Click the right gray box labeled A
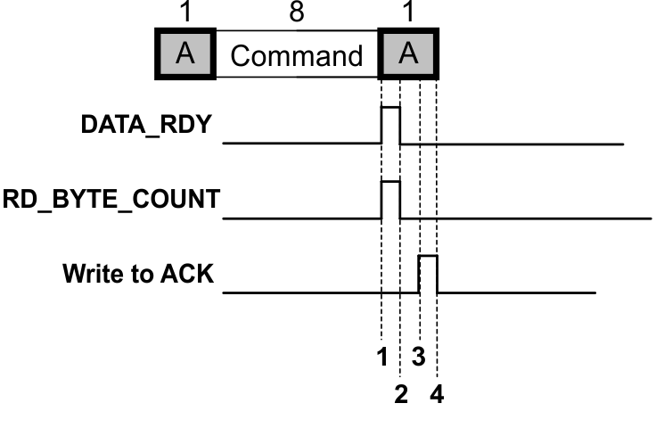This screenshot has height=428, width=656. pos(409,55)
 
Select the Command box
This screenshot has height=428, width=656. pos(297,56)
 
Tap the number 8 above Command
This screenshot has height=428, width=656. pos(297,12)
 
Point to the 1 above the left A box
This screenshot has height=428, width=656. pos(185,12)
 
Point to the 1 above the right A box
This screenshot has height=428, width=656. pos(409,12)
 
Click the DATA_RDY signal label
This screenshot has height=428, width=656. pos(147,125)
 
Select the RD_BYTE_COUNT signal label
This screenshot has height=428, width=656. pos(111,200)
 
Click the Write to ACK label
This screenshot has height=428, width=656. pos(138,273)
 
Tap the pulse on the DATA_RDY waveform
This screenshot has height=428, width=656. pos(390,124)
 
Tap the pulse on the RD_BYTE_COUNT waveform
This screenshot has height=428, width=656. pos(390,199)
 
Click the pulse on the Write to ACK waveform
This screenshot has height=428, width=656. pos(428,273)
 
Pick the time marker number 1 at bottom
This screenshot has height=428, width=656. pos(382,357)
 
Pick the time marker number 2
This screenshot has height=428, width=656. pos(401,393)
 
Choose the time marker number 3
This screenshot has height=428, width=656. pos(418,357)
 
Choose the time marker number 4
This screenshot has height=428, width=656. pos(437,393)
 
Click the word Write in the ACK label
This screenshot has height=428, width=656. pos(89,273)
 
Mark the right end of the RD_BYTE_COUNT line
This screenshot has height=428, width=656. pos(650,218)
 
